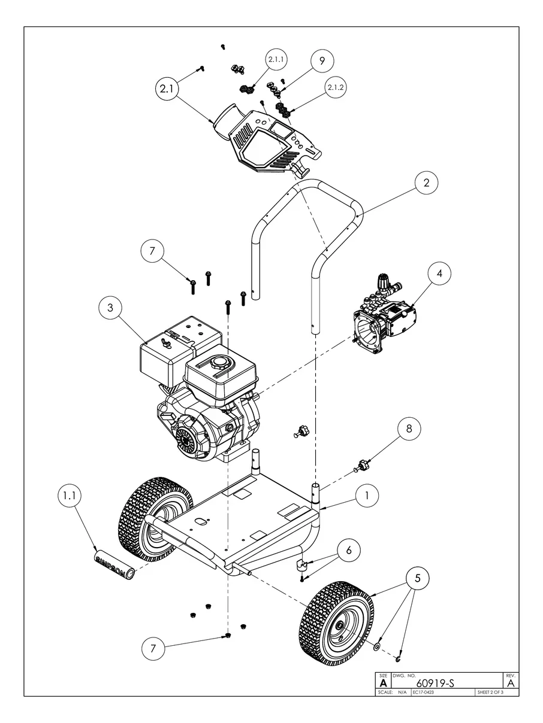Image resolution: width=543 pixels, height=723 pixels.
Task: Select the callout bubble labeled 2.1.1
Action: [x=277, y=60]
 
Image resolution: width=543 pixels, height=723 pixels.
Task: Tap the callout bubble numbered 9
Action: [x=321, y=60]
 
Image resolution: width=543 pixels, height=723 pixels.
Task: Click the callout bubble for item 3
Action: [x=110, y=308]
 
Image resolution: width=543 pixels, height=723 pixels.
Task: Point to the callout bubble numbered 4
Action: [x=439, y=273]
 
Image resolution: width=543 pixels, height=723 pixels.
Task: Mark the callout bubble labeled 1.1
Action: [x=70, y=496]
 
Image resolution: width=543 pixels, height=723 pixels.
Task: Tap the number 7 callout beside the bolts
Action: [x=152, y=251]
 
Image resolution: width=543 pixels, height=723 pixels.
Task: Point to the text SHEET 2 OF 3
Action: [x=490, y=692]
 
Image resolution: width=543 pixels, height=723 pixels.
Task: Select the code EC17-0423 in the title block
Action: [x=423, y=692]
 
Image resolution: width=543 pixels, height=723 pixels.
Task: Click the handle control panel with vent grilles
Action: [x=268, y=144]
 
